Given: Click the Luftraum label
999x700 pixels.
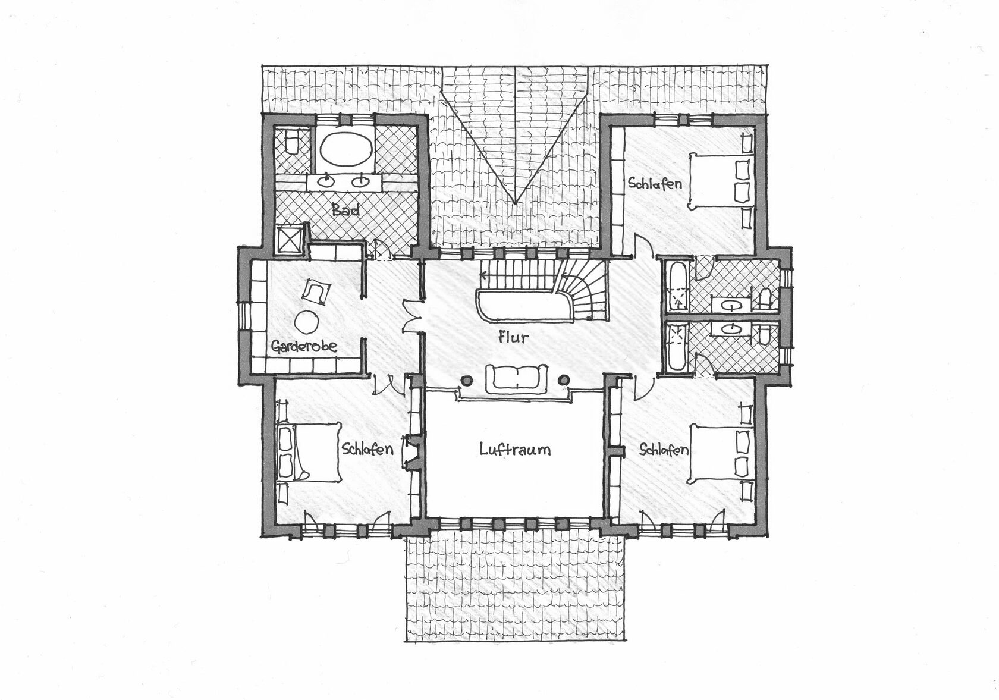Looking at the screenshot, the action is coord(515,449).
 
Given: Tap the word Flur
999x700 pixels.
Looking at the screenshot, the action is coord(513,337).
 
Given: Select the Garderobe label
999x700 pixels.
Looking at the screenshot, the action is coord(304,346).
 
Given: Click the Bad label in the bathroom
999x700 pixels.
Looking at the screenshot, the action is coord(345,210).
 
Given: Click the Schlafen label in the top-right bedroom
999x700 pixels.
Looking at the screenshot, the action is coord(655,183).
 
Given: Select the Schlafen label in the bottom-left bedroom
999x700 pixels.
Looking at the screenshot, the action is coord(368,448).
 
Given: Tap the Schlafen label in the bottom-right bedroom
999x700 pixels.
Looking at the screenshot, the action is coord(664,449).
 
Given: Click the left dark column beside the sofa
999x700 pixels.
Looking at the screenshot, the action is coord(466,379).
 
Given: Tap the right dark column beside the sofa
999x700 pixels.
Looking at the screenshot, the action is coord(564,379).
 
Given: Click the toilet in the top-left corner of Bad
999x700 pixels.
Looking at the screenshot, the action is coord(291,143).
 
